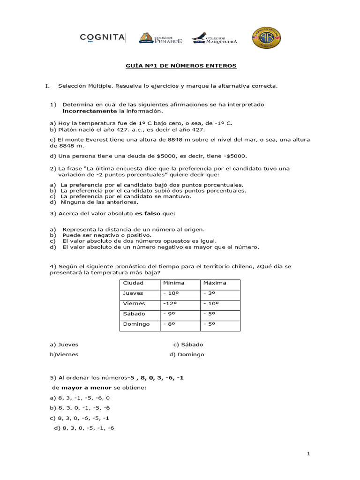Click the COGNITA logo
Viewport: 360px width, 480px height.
click(102, 37)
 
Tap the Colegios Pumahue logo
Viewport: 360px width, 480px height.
click(159, 38)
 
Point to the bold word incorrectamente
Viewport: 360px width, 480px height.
click(90, 111)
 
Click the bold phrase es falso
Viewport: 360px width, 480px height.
click(148, 213)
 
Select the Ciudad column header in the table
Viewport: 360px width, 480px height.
click(133, 283)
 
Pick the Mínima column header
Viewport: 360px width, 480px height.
click(173, 283)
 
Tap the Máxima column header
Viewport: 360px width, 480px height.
click(215, 283)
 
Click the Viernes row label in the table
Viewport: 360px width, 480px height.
click(134, 303)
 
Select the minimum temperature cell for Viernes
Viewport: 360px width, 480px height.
click(171, 303)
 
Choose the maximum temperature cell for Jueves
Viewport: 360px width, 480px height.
click(209, 293)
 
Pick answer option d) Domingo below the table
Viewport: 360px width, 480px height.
click(187, 355)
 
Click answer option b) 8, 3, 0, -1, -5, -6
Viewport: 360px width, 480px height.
click(80, 408)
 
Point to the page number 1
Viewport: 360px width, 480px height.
click(308, 454)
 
